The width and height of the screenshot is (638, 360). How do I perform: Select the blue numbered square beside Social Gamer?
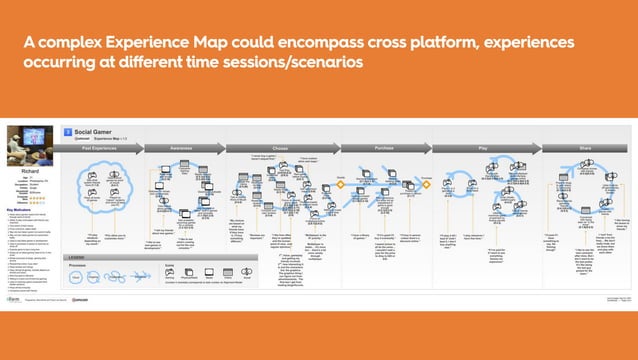(x=66, y=132)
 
